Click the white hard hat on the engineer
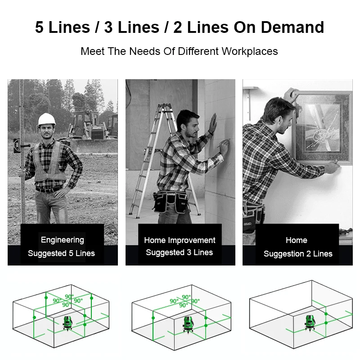47,119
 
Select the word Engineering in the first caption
63,240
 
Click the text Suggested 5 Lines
61,253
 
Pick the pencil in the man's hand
223,143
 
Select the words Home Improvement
180,240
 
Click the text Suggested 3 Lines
179,252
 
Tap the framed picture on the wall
323,127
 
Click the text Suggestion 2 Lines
298,254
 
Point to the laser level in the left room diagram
67,324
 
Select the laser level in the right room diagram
310,323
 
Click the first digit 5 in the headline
39,27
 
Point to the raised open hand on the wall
213,124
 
